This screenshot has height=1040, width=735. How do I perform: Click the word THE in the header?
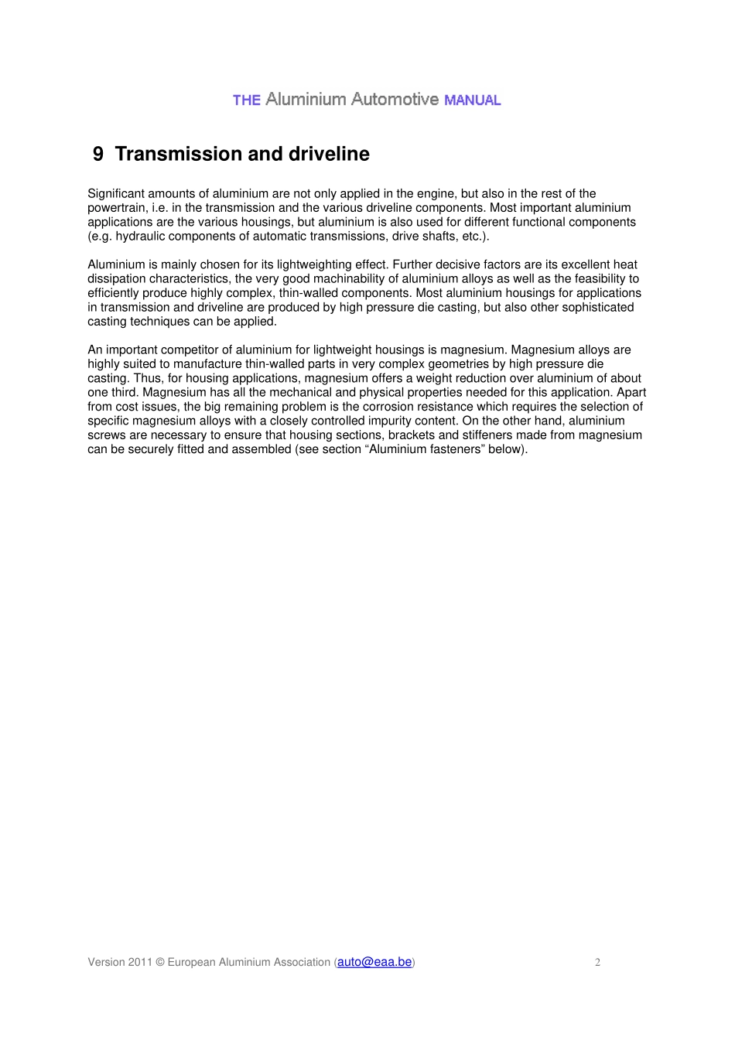coord(246,101)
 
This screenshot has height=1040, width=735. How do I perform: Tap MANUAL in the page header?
coord(472,101)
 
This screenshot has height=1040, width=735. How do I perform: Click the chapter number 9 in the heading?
coord(97,154)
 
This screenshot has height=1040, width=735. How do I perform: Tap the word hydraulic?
coord(145,236)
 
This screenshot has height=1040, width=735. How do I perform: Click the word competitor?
coord(193,350)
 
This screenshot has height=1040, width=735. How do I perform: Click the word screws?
coord(106,435)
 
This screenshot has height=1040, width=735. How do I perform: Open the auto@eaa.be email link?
coord(374,962)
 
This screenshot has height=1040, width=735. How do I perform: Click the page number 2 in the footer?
coord(597,963)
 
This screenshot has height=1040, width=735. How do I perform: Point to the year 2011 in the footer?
coord(140,963)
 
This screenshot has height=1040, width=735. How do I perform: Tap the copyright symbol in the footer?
coord(160,963)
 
